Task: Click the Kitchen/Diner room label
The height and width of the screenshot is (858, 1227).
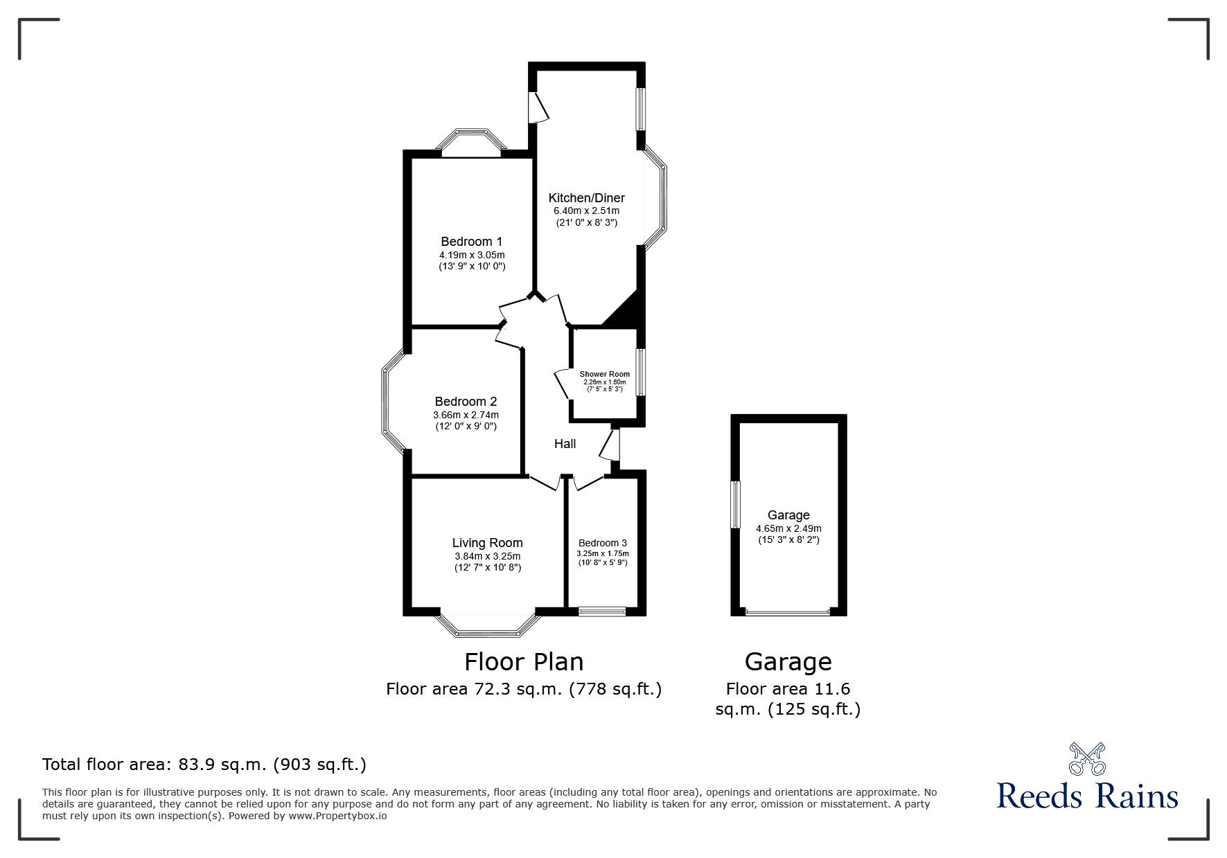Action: point(586,198)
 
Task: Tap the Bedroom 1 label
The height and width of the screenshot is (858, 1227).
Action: point(472,242)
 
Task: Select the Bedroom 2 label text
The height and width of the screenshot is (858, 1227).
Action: point(466,402)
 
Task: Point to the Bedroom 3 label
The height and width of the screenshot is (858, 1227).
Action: point(603,543)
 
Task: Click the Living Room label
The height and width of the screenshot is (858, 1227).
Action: point(487,543)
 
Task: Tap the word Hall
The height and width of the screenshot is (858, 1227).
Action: point(565,444)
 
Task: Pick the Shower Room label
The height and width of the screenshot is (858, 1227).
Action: point(605,374)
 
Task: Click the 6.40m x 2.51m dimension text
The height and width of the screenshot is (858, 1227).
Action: point(586,211)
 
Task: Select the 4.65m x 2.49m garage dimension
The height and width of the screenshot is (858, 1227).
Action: point(788,528)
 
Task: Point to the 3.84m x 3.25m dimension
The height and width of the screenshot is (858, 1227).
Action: point(487,555)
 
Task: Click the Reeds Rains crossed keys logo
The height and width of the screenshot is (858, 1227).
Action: point(1088,758)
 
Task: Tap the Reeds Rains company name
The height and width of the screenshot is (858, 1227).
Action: point(1087,796)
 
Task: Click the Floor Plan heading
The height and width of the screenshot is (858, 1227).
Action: point(524,662)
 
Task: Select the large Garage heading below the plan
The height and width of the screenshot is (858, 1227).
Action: point(788,662)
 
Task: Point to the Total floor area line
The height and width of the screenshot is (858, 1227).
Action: point(204,765)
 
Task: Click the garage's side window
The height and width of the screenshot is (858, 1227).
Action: point(736,505)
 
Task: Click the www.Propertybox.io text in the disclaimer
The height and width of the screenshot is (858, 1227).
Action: point(337,816)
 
